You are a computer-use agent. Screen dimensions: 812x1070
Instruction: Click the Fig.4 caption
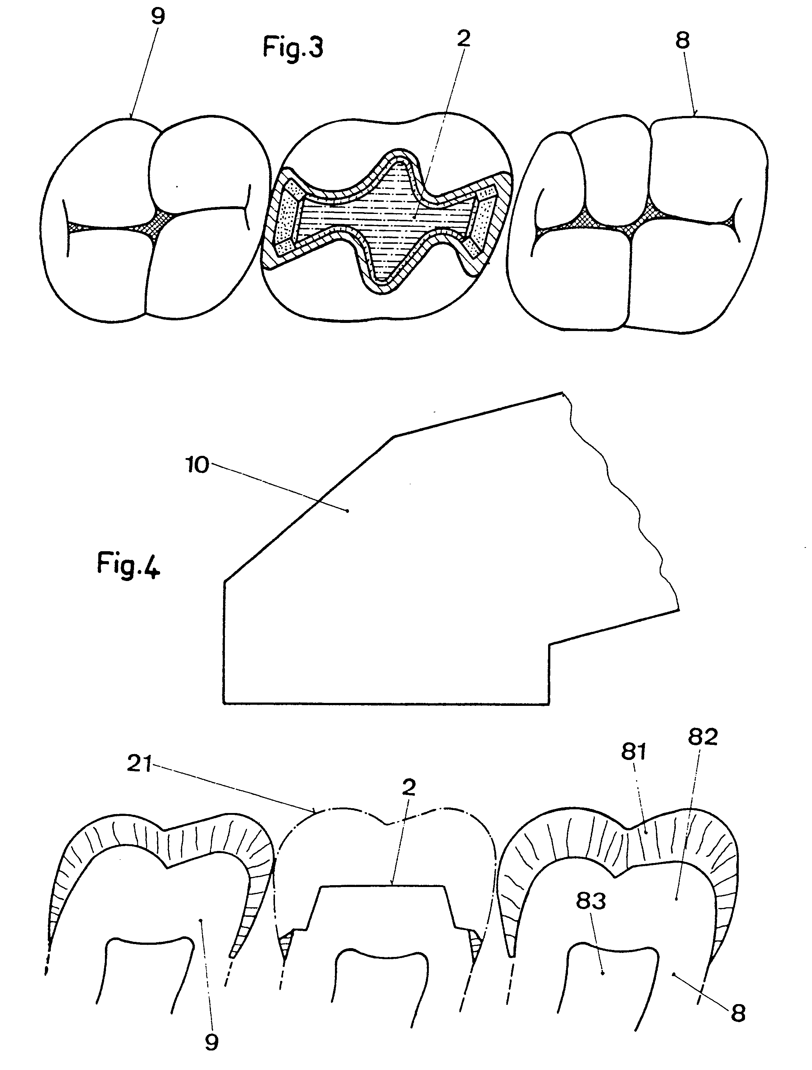pos(128,564)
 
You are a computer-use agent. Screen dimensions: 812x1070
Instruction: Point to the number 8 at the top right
pos(682,41)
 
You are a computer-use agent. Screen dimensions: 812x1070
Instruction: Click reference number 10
pos(197,465)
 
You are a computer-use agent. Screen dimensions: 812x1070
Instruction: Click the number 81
pos(633,752)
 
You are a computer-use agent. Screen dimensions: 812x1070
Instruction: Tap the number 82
pos(703,738)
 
